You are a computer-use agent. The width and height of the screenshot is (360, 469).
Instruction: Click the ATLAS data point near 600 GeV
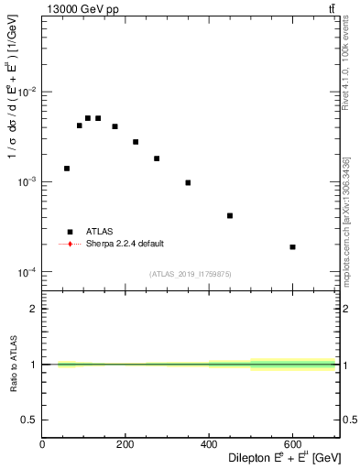(292, 247)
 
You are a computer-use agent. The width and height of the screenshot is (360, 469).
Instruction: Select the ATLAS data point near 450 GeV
(230, 216)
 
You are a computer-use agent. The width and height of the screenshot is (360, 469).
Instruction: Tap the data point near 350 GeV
(188, 183)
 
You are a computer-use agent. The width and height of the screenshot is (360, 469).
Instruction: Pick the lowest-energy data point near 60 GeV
(67, 169)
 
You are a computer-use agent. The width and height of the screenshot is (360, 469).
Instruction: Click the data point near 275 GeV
(157, 158)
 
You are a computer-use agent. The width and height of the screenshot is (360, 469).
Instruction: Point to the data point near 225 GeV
(136, 142)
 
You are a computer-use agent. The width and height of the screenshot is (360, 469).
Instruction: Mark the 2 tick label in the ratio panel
(34, 309)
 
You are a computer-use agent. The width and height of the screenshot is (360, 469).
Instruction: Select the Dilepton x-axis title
(283, 457)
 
